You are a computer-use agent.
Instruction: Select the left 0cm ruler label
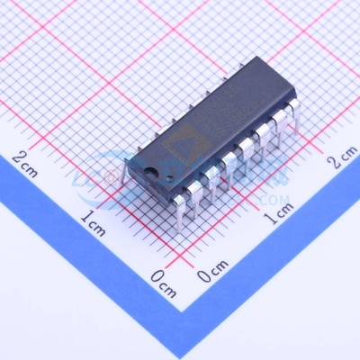click(163, 281)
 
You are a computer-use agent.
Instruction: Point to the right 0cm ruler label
click(212, 272)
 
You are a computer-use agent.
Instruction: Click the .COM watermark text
click(274, 199)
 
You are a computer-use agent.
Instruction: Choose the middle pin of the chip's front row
click(233, 169)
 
